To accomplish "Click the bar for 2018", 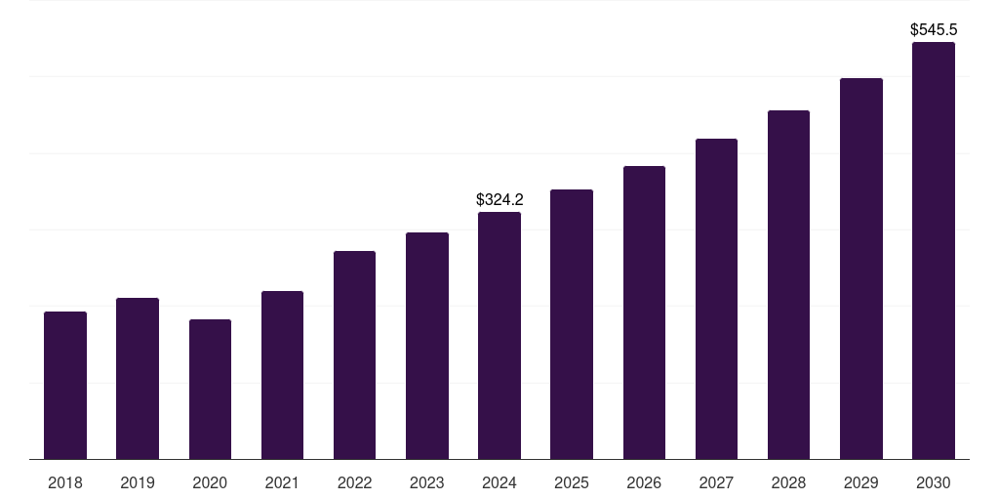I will pos(65,386).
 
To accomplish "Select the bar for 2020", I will pos(210,390).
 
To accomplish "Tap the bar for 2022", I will pos(354,355).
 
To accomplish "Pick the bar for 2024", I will pos(499,336).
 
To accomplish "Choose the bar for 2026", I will pos(644,312).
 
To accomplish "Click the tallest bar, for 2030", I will pos(933,251).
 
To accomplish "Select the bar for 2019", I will pos(138,379).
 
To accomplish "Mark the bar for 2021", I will pos(282,375).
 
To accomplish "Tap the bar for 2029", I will pos(860,269).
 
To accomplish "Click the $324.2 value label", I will pos(499,199).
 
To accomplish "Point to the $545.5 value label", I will pos(933,30).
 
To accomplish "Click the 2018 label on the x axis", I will pos(65,482).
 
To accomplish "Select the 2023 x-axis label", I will pos(426,482).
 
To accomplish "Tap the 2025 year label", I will pos(572,482).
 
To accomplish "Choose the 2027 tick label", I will pos(716,482).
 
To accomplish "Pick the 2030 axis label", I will pos(933,482).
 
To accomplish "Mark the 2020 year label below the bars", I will pos(210,482).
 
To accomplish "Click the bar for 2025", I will pos(572,324).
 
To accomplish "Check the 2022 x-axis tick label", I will pos(354,482).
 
